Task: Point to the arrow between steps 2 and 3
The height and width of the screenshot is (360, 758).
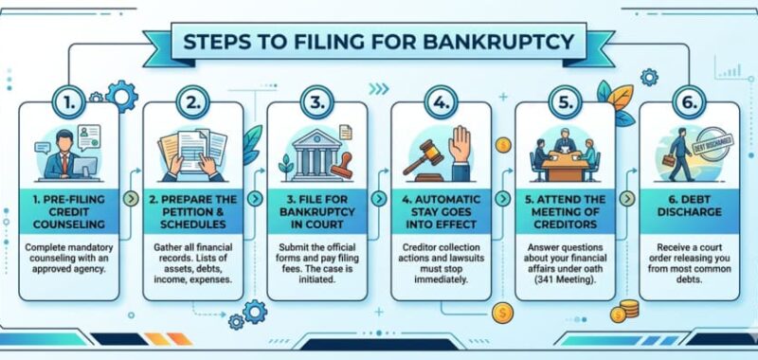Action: click(254, 200)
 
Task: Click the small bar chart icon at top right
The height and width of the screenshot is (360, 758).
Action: click(729, 70)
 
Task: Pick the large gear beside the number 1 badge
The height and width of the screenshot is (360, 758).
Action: click(121, 95)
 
